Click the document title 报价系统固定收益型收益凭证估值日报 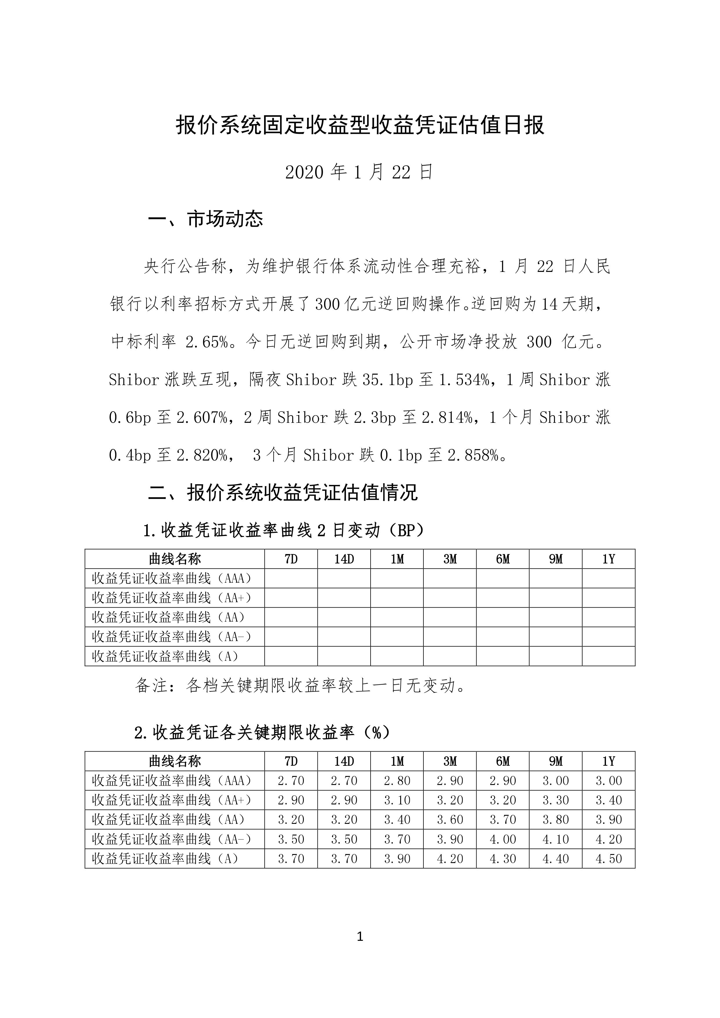tap(360, 125)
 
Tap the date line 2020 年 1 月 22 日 tap(359, 172)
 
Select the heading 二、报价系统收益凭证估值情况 tap(282, 492)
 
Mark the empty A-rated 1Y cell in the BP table tap(608, 656)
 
